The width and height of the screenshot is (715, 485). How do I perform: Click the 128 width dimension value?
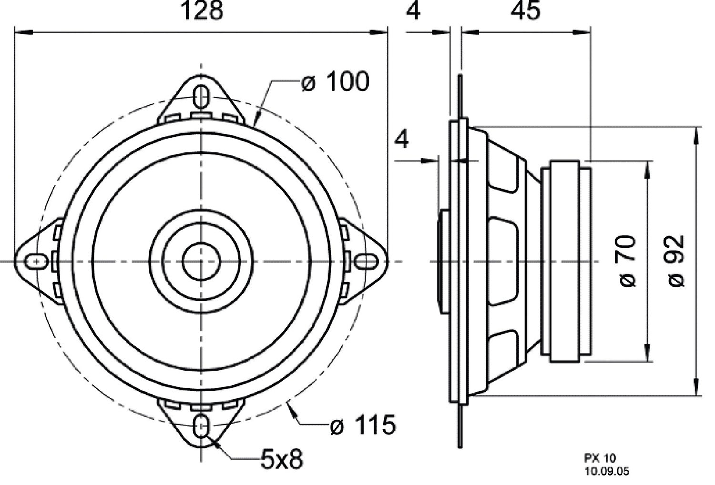coord(202,11)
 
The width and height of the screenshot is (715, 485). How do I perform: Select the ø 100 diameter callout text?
coord(335,82)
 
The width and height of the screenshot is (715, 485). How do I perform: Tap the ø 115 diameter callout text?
coord(363,425)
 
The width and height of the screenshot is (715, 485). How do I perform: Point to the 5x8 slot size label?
coord(281,460)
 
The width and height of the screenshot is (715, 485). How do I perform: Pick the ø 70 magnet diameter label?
coord(629,261)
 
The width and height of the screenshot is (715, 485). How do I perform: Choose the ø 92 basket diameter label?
coord(676,261)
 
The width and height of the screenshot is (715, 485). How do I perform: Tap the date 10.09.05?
coord(607,472)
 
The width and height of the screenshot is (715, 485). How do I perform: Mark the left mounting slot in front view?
coord(36,262)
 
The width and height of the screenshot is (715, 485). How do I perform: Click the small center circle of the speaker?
coord(201,262)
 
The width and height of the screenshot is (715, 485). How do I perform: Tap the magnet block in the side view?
coord(566,261)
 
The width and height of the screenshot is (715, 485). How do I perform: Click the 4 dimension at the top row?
coord(413,11)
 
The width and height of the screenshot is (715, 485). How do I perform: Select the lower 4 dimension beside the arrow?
coord(403,140)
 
